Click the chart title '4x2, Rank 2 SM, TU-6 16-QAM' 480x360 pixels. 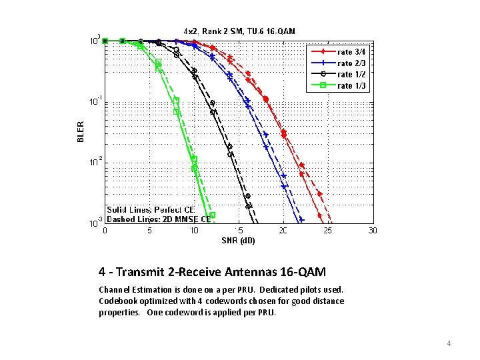click(239, 31)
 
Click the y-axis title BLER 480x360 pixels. click(81, 131)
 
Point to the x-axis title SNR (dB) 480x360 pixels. click(238, 240)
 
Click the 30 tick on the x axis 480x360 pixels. click(373, 231)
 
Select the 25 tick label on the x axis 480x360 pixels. click(328, 231)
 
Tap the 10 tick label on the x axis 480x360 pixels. click(194, 231)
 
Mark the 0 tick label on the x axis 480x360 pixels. click(105, 231)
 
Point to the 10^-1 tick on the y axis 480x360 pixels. click(96, 102)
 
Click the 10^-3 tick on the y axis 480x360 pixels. click(96, 223)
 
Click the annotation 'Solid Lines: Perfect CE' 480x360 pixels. click(150, 209)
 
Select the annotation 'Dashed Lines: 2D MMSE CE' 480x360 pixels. click(159, 218)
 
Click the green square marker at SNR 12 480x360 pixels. click(213, 215)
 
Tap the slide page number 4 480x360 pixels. click(449, 343)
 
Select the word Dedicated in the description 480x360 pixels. click(281, 289)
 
